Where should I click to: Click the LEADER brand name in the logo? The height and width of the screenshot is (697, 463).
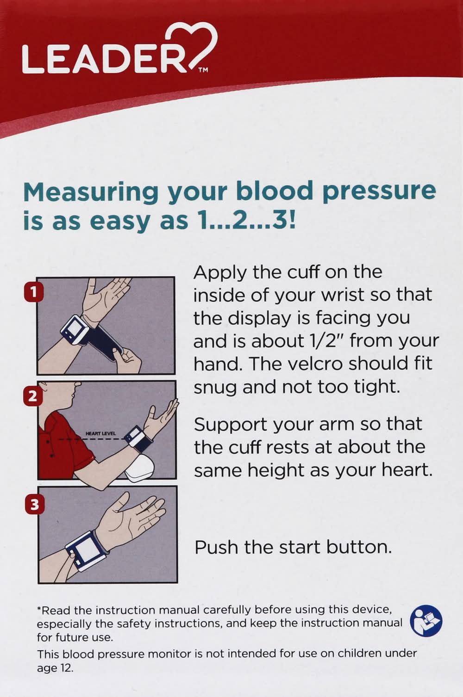(104, 59)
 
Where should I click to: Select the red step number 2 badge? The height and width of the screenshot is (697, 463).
(33, 397)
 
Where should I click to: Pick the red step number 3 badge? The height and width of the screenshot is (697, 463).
(34, 505)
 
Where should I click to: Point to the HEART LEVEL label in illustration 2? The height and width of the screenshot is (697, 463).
(100, 433)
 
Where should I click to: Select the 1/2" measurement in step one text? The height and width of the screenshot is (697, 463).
(325, 341)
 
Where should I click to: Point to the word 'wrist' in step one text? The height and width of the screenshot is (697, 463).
(343, 294)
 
